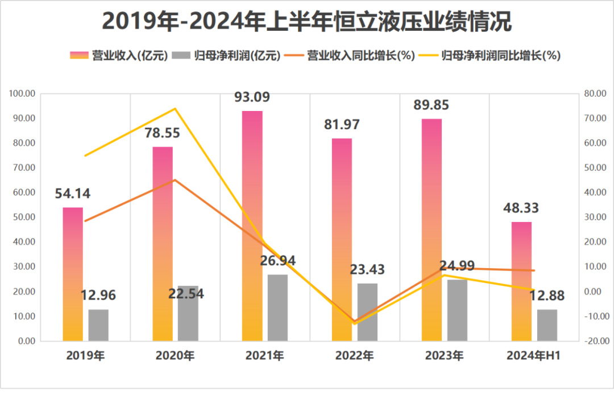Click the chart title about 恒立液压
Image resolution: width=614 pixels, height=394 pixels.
click(x=307, y=22)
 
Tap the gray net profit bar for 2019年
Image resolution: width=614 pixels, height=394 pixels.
click(x=98, y=325)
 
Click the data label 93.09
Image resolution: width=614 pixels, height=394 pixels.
click(x=252, y=97)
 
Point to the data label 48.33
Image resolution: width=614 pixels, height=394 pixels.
click(x=521, y=208)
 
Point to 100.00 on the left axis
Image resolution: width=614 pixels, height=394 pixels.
click(x=23, y=93)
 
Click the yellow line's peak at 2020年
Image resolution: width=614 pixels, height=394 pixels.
click(x=175, y=109)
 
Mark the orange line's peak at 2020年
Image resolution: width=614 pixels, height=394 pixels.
click(x=175, y=180)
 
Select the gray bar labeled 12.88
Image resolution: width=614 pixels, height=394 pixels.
click(x=547, y=325)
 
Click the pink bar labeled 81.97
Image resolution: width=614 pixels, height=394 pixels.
click(x=342, y=239)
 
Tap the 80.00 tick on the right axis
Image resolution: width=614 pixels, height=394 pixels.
click(x=596, y=93)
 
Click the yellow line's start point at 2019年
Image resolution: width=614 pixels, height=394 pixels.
click(x=85, y=155)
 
